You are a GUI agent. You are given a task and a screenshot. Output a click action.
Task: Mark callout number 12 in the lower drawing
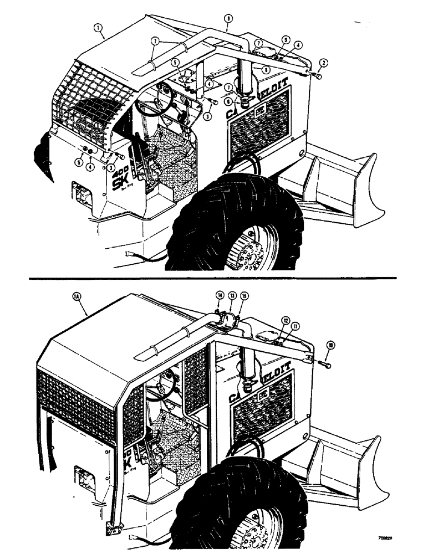[286, 320]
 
